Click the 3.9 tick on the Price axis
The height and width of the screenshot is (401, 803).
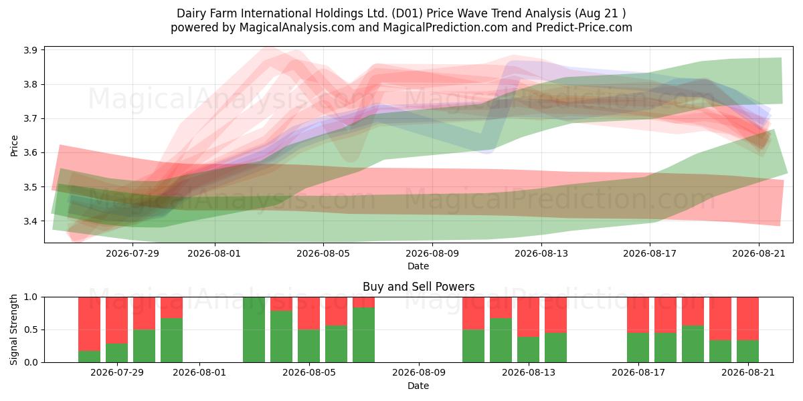[x=31, y=50]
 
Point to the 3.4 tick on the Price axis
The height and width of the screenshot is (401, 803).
[x=31, y=221]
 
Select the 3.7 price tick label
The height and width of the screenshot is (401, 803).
[x=31, y=118]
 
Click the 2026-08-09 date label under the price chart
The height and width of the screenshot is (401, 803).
[x=432, y=253]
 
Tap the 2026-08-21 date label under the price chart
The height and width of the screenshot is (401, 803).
[x=759, y=253]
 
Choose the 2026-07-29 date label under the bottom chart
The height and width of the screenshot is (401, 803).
[x=117, y=372]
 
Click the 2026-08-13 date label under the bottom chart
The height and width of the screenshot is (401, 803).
[x=529, y=372]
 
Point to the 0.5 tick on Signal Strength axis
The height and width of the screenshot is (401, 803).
[x=31, y=329]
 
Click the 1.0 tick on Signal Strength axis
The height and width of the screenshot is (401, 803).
[x=31, y=297]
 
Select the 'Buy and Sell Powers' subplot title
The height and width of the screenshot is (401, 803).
[x=418, y=287]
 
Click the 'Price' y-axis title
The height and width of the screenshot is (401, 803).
[x=14, y=146]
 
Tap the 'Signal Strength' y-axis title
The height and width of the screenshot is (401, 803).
[x=13, y=329]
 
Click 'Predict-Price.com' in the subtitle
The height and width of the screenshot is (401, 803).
[x=584, y=27]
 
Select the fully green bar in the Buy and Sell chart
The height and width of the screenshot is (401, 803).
[x=254, y=329]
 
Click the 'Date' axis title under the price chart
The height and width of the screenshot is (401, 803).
[x=418, y=266]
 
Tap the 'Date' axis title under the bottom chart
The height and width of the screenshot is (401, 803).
[x=418, y=386]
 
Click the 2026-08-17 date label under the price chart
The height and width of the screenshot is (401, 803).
[x=650, y=253]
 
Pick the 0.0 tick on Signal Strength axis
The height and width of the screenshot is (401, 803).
[x=31, y=362]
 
